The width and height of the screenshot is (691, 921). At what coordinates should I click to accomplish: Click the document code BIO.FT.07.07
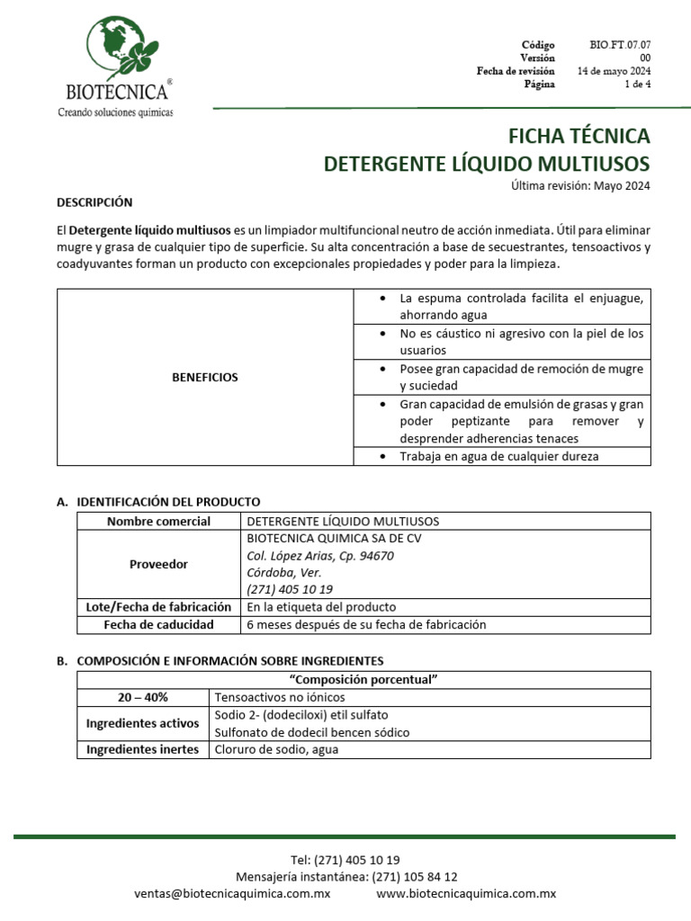(621, 44)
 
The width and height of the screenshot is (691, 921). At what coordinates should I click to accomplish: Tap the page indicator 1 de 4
(637, 85)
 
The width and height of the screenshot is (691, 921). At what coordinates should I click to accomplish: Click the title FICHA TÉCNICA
(579, 136)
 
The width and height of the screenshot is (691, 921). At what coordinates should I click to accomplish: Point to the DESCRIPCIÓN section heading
(94, 202)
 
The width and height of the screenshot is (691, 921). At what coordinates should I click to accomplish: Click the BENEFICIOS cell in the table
(205, 377)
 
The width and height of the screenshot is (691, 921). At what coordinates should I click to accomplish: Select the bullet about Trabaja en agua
(498, 456)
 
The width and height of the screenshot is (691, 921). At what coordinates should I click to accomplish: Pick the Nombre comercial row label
(158, 522)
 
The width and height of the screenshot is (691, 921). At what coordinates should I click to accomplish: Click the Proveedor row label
(158, 564)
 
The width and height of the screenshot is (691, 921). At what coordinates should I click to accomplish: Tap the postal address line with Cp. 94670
(319, 556)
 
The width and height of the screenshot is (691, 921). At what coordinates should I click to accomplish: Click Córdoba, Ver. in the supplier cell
(283, 572)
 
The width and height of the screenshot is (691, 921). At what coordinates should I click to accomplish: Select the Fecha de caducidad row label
(158, 624)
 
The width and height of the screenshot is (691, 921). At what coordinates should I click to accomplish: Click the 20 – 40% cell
(143, 697)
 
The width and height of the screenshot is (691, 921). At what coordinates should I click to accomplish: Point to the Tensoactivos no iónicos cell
(280, 697)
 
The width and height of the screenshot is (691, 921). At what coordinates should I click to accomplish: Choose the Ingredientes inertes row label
(143, 749)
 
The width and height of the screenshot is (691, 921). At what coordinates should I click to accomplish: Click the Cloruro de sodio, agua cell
(276, 749)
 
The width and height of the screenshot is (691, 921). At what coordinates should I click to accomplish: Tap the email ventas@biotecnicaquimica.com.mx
(232, 893)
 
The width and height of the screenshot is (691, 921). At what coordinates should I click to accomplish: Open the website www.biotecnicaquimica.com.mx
(465, 893)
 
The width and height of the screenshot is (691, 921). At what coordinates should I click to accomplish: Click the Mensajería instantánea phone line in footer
(345, 876)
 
